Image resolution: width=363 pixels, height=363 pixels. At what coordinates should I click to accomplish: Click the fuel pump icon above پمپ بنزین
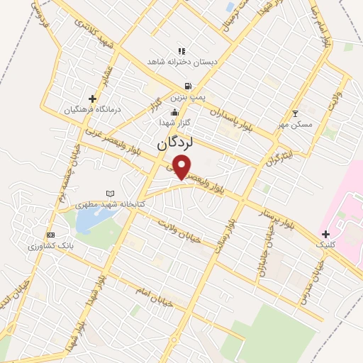(187, 86)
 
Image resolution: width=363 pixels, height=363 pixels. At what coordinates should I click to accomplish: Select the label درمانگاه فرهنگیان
(69, 110)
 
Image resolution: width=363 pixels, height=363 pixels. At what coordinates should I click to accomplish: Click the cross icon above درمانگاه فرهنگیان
(92, 99)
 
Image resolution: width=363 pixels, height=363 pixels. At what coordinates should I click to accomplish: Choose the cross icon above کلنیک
(325, 234)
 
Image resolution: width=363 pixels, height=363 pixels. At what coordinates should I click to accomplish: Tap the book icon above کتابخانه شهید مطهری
(109, 193)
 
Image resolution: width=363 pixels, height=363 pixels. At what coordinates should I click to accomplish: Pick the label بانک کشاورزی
(46, 246)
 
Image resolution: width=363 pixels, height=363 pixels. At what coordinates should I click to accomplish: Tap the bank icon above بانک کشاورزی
(50, 235)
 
